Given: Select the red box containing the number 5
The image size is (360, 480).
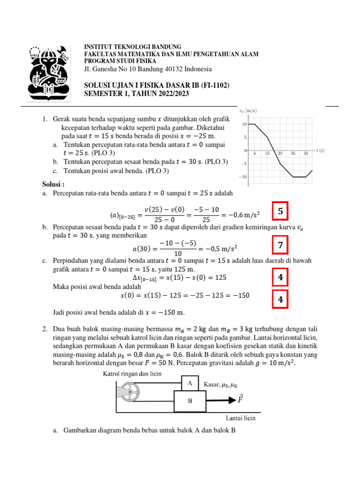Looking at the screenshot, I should [280, 212].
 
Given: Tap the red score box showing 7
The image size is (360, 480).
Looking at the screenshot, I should [280, 245].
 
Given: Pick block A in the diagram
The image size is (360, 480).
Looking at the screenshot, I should [190, 383].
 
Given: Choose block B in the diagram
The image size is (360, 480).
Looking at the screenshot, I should [190, 401].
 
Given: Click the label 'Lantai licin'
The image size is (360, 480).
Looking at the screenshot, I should [240, 418].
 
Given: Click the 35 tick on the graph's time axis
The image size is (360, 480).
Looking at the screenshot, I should [292, 154].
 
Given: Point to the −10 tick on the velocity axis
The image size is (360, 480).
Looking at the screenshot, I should [244, 177].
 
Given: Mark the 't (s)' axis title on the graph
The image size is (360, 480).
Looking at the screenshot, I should [320, 150].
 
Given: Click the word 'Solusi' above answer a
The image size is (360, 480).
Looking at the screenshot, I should [52, 184].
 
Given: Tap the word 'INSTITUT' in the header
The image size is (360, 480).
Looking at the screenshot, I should [97, 47].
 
